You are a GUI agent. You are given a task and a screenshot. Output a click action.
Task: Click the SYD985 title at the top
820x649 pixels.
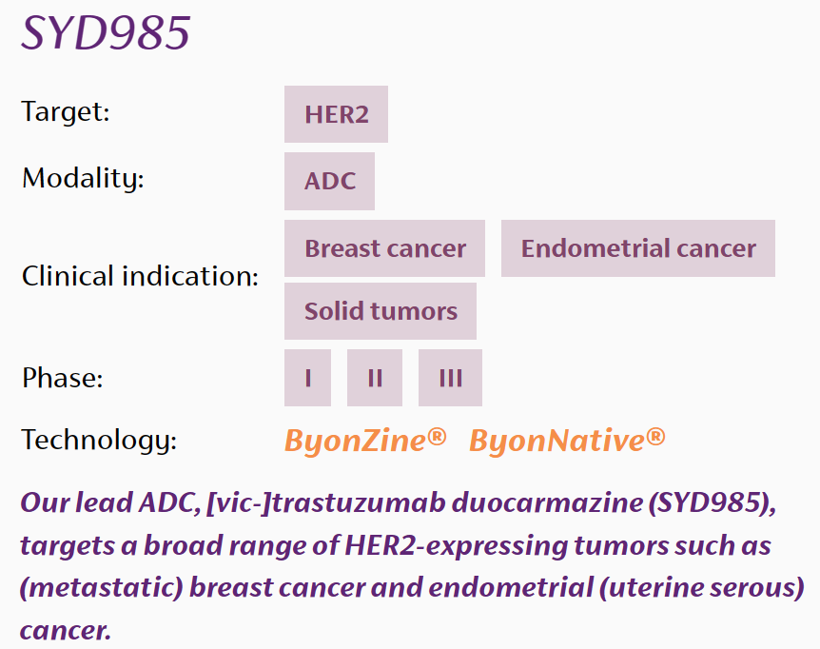tap(106, 32)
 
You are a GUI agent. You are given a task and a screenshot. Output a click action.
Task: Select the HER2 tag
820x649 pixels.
tap(336, 114)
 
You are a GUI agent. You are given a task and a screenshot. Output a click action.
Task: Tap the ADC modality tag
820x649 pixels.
tap(329, 181)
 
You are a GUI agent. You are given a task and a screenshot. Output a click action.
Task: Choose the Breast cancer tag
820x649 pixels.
tap(385, 247)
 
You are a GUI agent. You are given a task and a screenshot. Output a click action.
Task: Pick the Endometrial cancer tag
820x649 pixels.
tap(638, 247)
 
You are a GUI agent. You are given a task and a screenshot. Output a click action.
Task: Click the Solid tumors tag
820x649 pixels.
tap(381, 311)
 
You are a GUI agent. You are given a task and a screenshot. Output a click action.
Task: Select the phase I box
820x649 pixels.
tap(307, 378)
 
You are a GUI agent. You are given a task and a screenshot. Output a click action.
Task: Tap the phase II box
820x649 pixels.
tap(375, 378)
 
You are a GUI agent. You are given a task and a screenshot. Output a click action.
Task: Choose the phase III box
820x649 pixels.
tap(450, 378)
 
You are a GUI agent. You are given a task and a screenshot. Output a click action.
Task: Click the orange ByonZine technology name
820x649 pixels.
tap(365, 441)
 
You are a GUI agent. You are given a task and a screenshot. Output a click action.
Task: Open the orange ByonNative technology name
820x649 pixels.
tap(567, 441)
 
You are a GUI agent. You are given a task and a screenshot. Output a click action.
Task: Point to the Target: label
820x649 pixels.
tap(66, 111)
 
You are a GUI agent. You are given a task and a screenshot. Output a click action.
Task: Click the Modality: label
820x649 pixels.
tap(83, 178)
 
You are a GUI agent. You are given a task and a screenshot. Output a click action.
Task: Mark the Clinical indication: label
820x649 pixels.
tap(140, 276)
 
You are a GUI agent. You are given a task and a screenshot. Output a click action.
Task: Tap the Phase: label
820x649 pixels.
tap(62, 377)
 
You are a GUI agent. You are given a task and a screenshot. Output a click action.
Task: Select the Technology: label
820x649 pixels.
tap(99, 440)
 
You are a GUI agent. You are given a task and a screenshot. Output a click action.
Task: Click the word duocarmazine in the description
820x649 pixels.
tap(547, 502)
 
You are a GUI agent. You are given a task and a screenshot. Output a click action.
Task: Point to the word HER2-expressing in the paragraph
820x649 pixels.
tap(456, 546)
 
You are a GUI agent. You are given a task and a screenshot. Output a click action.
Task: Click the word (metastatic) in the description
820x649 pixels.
tap(102, 588)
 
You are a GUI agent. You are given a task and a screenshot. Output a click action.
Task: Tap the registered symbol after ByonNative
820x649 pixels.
tap(655, 436)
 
